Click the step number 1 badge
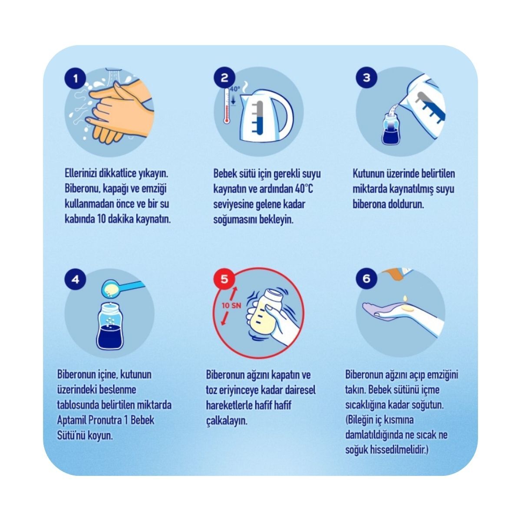click(x=76, y=79)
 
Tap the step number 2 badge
click(x=224, y=78)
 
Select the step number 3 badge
click(x=366, y=78)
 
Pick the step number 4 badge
click(x=76, y=279)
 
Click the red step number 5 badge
click(x=224, y=279)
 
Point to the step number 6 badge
click(x=366, y=279)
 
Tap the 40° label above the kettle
click(x=235, y=89)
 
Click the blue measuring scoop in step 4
click(x=122, y=289)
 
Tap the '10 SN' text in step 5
click(x=232, y=306)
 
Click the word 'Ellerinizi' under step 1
click(x=81, y=174)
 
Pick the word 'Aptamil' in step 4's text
click(x=71, y=420)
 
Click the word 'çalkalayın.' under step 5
click(x=227, y=421)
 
